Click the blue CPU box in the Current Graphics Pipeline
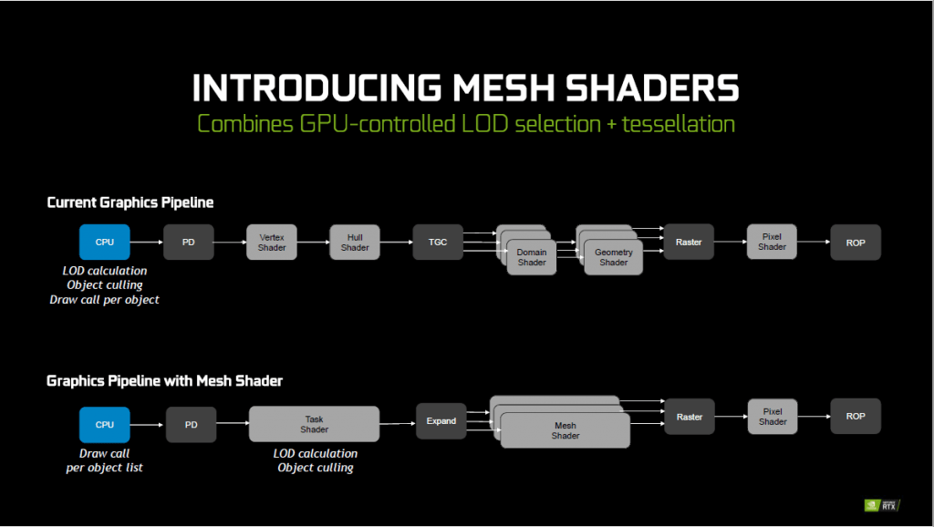[105, 242]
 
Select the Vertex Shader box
[272, 242]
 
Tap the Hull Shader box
[355, 242]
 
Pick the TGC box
[438, 242]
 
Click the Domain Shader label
[532, 257]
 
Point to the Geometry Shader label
[614, 257]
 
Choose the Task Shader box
[314, 424]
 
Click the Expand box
[441, 421]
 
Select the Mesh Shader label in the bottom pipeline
[566, 430]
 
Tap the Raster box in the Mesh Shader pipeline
[690, 417]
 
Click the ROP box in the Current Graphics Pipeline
[856, 243]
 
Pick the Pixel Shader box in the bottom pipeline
[773, 417]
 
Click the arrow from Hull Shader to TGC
[396, 242]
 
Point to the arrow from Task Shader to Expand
[398, 423]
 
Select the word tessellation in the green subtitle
[679, 124]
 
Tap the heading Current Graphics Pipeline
[130, 202]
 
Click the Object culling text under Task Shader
[315, 468]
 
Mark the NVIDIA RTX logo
[882, 505]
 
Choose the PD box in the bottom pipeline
[192, 425]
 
